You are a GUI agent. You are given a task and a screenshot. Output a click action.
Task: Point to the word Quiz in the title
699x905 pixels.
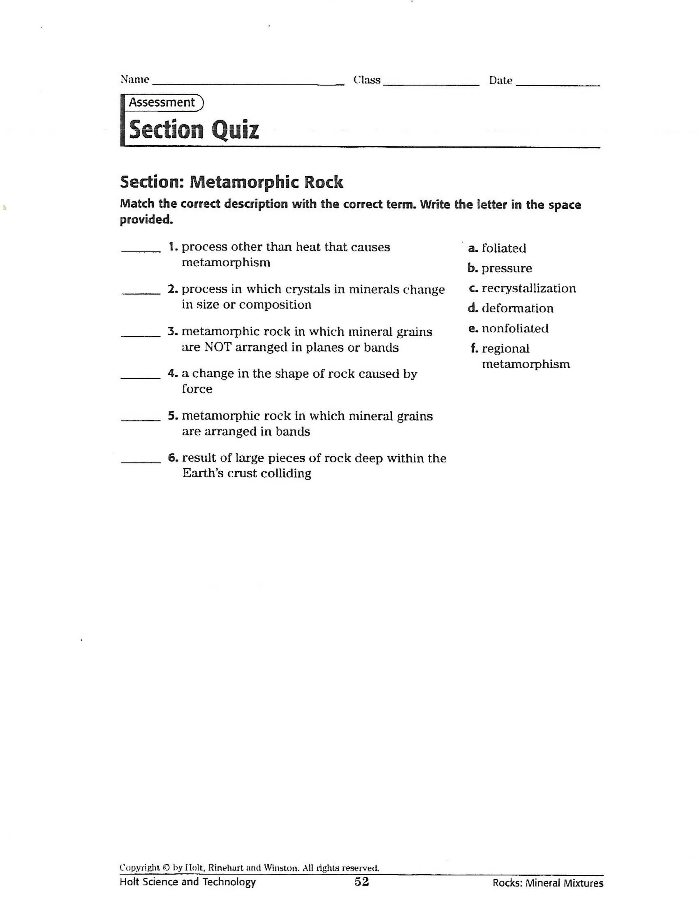235,130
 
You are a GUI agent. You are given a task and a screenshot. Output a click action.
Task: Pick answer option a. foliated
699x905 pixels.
497,248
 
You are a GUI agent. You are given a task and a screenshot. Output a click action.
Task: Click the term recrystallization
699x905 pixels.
529,289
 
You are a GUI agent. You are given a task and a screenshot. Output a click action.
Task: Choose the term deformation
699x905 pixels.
518,308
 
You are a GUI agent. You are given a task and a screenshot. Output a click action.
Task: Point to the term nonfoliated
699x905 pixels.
515,329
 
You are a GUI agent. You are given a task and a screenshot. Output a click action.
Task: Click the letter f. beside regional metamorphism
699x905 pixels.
474,349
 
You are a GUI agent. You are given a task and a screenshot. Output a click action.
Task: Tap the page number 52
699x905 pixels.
362,882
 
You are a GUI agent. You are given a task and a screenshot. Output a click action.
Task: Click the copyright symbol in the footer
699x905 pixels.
166,867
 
